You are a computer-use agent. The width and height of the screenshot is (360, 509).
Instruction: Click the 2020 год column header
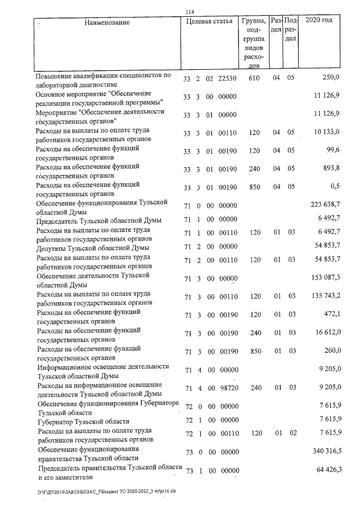pyautogui.click(x=318, y=20)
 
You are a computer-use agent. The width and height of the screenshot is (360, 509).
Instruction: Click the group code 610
pyautogui.click(x=253, y=78)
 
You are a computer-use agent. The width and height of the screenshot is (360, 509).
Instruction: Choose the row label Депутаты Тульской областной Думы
pyautogui.click(x=92, y=248)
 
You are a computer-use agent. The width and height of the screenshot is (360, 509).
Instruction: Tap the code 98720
pyautogui.click(x=226, y=388)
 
